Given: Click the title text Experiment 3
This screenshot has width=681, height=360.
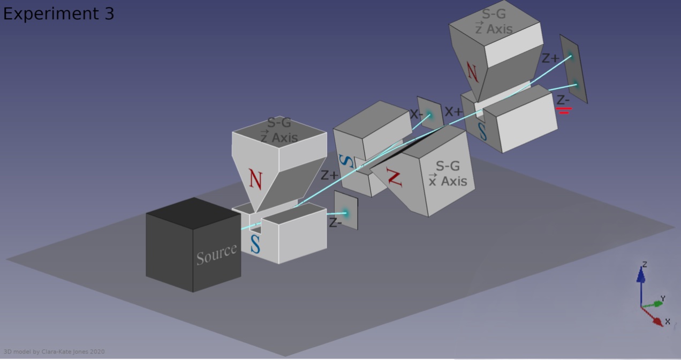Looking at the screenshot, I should coord(58,14).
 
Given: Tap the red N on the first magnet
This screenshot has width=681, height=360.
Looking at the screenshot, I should coord(256,179).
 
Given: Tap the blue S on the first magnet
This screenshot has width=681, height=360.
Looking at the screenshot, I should coord(255,244).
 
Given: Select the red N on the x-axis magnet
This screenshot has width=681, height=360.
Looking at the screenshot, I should coord(395,176).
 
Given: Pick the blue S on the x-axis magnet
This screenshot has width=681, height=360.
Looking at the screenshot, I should coord(347,160).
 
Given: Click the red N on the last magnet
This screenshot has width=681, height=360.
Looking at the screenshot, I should coord(472,72).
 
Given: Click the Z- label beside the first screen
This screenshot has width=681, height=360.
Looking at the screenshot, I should coord(335,223).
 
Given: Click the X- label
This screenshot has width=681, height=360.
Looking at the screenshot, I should coord(417,114).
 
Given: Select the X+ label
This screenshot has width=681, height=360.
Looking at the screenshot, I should coord(453,112).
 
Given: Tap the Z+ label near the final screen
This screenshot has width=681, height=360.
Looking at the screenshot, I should coord(550,58).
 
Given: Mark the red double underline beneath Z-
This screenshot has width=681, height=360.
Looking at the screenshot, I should coord(564,110).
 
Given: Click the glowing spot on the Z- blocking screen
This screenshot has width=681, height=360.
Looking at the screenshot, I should coord(345,213).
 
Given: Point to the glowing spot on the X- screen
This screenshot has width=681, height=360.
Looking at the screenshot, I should coord(429,115).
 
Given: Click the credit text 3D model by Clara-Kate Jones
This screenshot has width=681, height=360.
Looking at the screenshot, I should coord(54,352).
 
